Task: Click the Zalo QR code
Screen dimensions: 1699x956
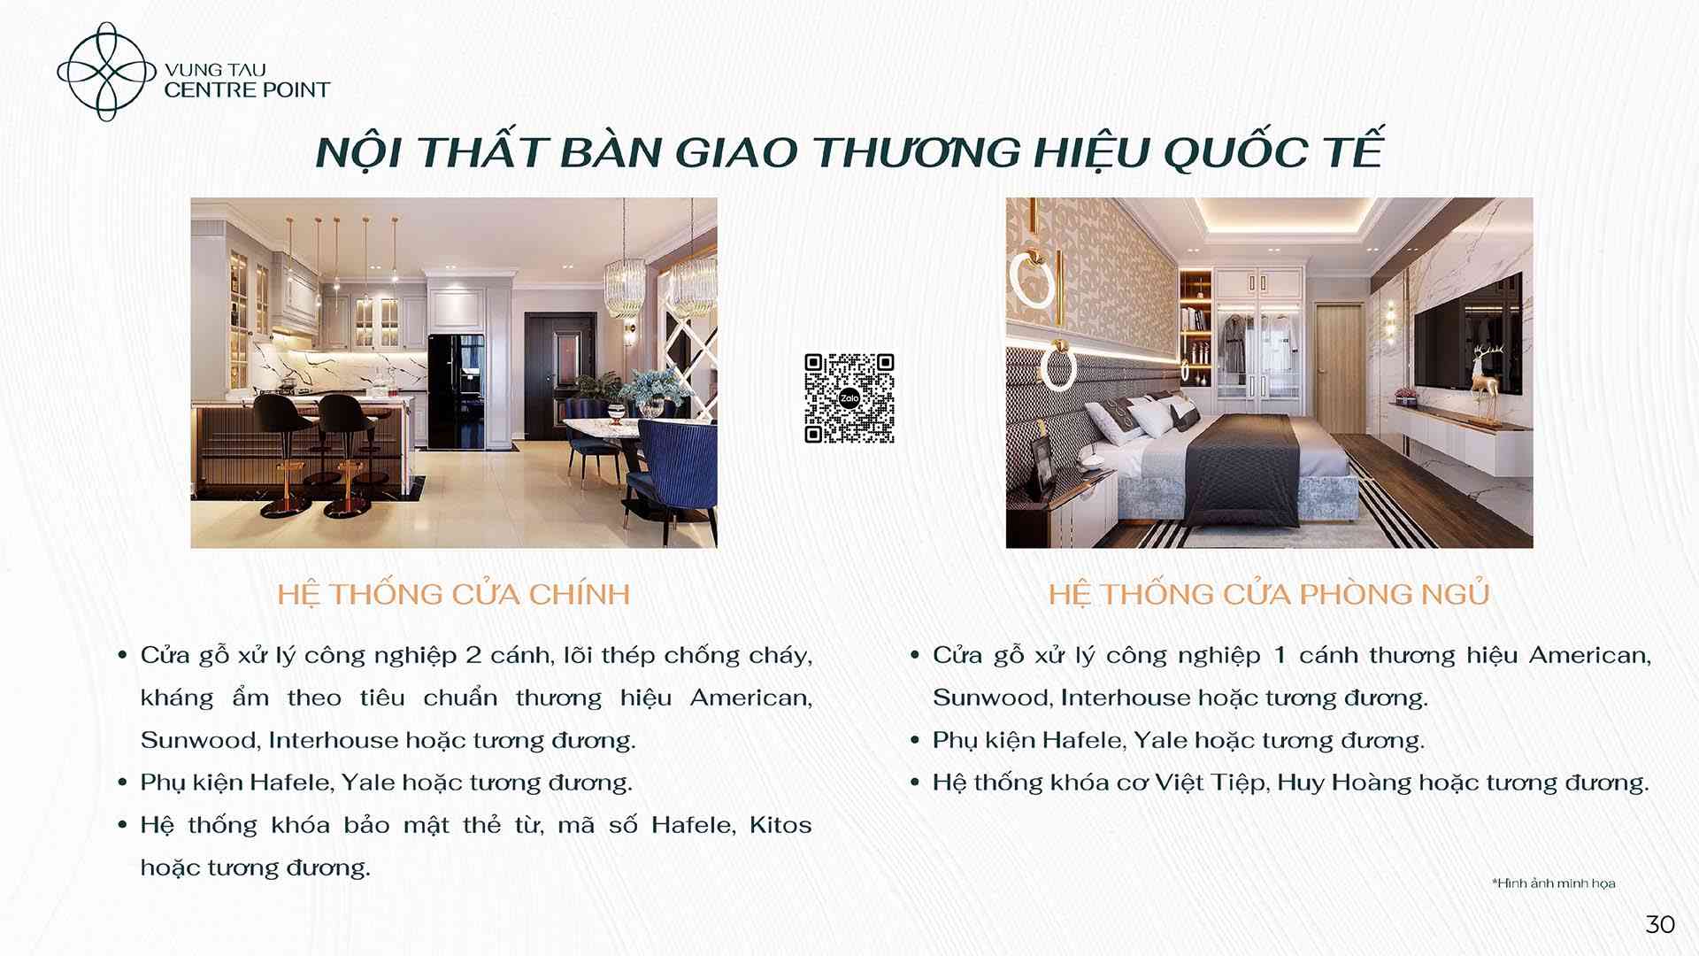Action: (849, 398)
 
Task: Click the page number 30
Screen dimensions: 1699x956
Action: (1660, 924)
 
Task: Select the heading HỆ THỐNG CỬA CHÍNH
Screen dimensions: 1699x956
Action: (454, 594)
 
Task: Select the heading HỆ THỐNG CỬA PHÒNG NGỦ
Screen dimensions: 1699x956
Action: (1269, 594)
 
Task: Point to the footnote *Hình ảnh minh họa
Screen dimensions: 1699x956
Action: (1554, 883)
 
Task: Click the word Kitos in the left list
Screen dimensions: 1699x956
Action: (780, 825)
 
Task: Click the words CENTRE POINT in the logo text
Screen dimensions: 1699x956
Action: (247, 89)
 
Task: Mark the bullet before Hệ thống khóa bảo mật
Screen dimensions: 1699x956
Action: (123, 826)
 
